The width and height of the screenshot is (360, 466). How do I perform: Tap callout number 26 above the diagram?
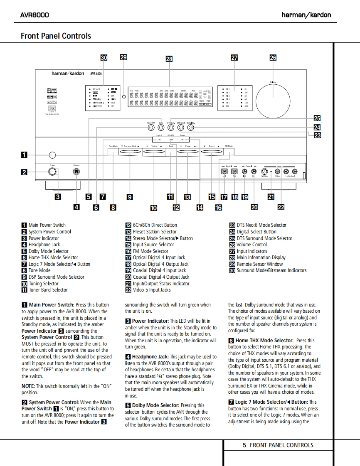pos(273,58)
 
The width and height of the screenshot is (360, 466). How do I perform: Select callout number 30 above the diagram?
pos(104,58)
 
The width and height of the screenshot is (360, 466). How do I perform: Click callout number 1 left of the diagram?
pos(24,155)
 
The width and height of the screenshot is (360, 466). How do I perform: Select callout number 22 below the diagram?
pos(281,206)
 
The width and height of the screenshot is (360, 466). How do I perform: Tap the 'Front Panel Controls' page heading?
pos(56,36)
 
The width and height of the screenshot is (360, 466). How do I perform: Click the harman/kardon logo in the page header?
pos(306,15)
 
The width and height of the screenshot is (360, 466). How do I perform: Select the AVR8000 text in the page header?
pos(35,15)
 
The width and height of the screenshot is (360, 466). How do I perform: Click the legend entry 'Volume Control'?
pos(252,245)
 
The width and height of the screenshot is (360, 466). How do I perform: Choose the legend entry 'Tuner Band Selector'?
pos(48,290)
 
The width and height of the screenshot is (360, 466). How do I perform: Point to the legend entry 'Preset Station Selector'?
pos(155,232)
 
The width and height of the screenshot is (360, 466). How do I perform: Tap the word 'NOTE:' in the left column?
pos(28,386)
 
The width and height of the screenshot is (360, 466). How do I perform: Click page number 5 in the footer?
pos(244,445)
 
